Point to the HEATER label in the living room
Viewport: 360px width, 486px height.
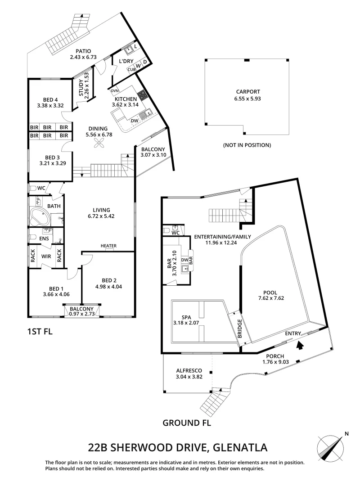pos(108,246)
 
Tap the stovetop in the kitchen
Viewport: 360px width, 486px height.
pos(143,94)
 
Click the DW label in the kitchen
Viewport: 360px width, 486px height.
pos(134,121)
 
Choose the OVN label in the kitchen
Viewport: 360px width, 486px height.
pos(114,89)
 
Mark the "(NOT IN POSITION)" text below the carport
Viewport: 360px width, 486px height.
pos(247,145)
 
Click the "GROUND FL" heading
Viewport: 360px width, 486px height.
pos(187,423)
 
